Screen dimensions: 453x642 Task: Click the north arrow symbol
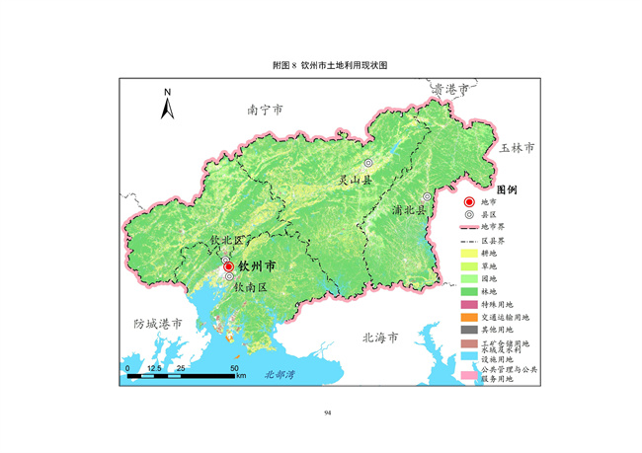[x=168, y=103]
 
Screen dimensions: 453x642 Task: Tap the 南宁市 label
[x=265, y=110]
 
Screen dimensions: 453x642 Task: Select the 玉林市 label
[x=516, y=147]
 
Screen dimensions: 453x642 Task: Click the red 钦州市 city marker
[x=228, y=266]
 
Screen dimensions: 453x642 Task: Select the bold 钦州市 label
[x=257, y=266]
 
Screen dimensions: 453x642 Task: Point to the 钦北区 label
[x=225, y=240]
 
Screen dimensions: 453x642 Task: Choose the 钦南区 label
[x=249, y=286]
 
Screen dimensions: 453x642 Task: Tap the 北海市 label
[x=379, y=337]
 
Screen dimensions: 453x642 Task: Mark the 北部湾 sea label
[x=267, y=375]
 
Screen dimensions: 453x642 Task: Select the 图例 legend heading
[x=507, y=188]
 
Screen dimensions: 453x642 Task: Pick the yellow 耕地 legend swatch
[x=469, y=253]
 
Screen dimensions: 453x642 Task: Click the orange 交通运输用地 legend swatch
[x=469, y=317]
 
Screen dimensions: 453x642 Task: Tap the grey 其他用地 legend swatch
[x=469, y=330]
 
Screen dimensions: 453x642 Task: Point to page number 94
[x=327, y=413]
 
